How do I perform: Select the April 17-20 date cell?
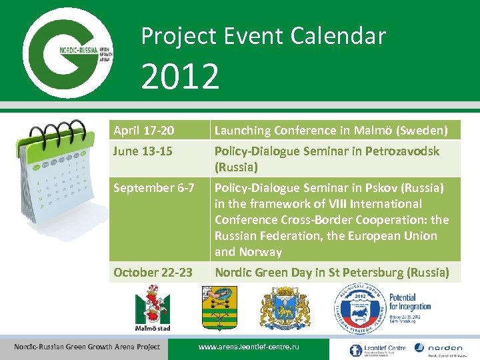point(145,131)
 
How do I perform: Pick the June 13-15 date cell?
point(143,151)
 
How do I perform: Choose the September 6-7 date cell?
point(153,188)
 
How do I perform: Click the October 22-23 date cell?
point(153,272)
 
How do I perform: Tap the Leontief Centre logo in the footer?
point(376,349)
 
